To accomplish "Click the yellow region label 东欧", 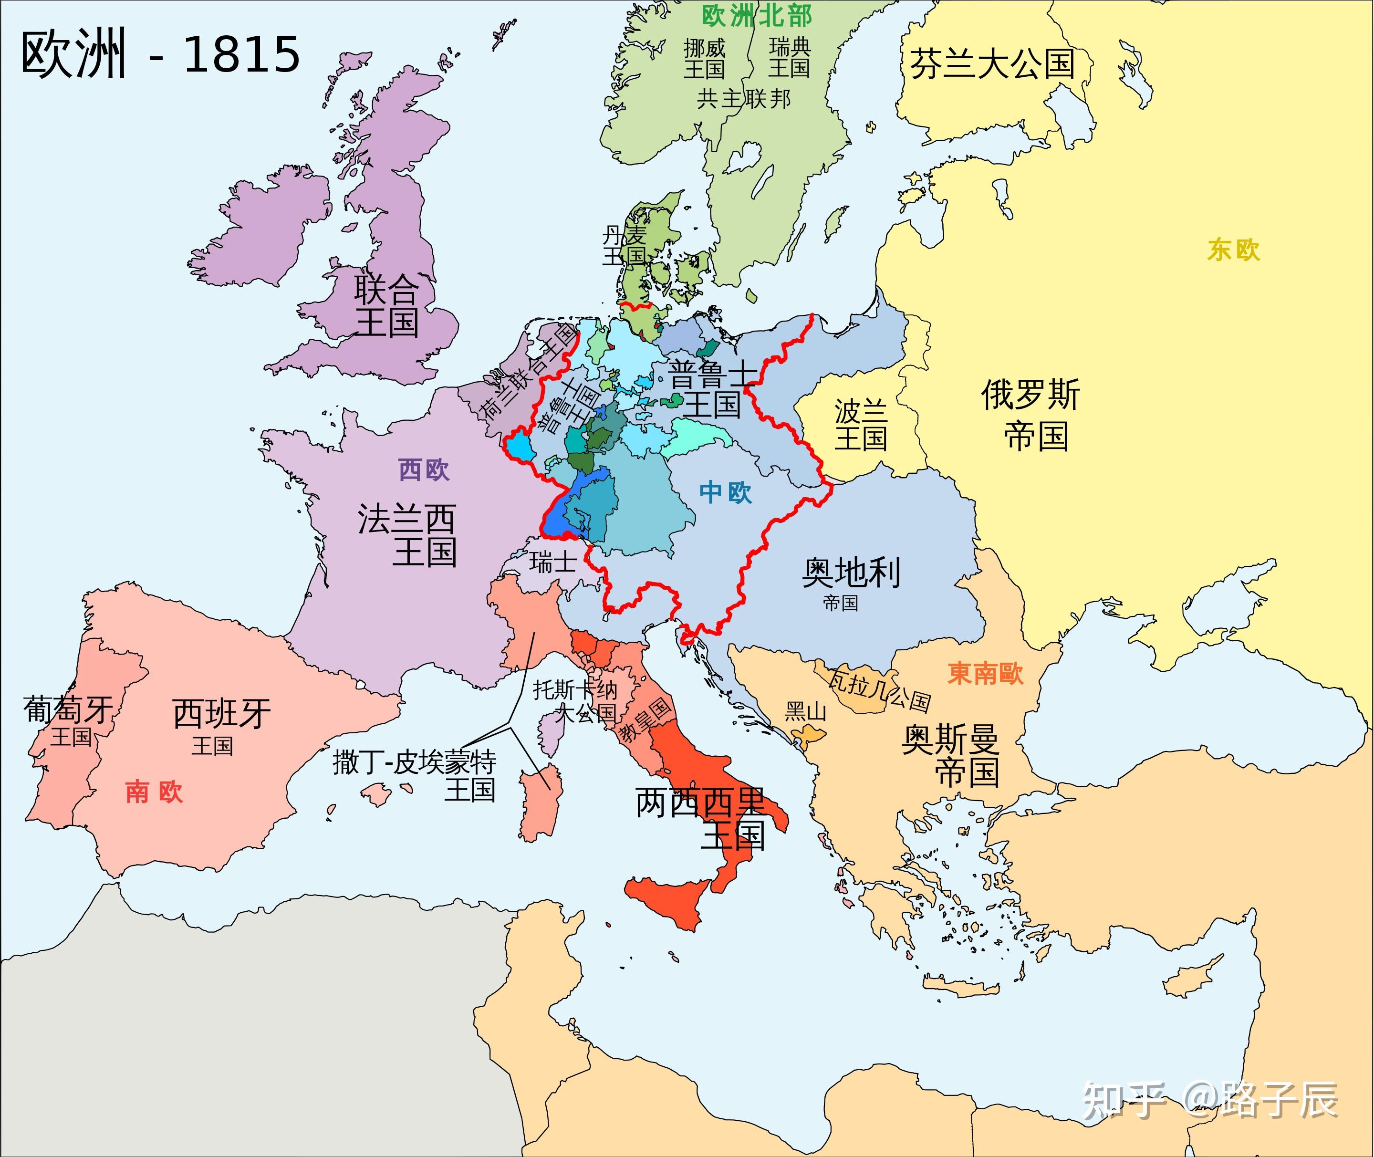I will (x=1233, y=250).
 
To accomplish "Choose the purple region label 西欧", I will (x=424, y=469).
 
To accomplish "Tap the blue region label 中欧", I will (x=725, y=492).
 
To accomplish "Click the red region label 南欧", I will (x=154, y=792).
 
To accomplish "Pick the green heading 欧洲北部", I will (x=756, y=16).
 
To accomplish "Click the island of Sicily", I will (x=669, y=902).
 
